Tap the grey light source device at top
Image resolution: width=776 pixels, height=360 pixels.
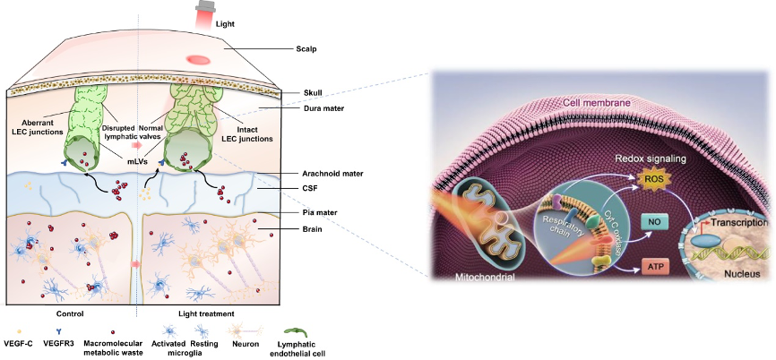[x=203, y=6]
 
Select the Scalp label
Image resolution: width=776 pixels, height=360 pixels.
[x=306, y=49]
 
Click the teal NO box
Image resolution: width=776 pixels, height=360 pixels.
[x=654, y=223]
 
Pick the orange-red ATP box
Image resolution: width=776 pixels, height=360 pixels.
[x=654, y=268]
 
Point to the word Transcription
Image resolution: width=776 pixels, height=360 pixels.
[x=740, y=222]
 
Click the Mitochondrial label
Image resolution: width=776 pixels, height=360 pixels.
[x=484, y=278]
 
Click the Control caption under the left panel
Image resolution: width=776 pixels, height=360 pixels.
[x=71, y=313]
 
